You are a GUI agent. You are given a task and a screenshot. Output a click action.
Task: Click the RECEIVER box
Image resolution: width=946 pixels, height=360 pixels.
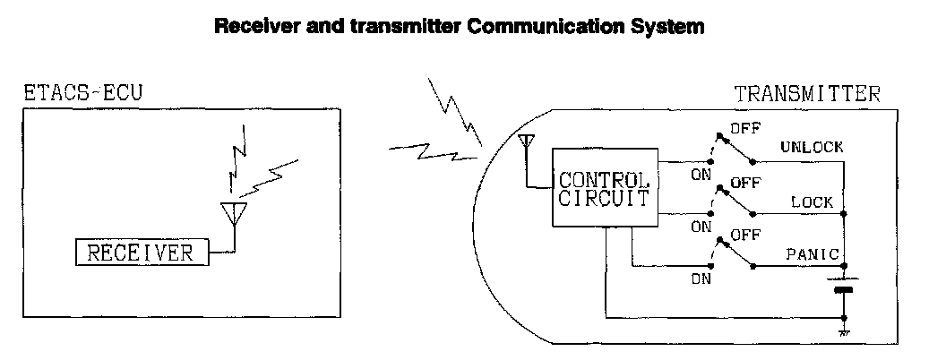pos(140,253)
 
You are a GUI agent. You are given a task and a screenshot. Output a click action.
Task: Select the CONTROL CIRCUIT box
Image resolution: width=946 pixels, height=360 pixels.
pos(604,188)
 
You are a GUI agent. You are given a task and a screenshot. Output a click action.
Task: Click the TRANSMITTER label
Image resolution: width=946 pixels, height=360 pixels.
pos(807,93)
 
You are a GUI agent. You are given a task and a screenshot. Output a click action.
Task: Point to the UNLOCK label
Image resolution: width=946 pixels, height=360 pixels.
pos(811,148)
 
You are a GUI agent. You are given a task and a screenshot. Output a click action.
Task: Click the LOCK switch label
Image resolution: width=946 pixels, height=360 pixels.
pos(812,202)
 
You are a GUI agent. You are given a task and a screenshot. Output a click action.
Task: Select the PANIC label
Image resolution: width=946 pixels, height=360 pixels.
pos(812,254)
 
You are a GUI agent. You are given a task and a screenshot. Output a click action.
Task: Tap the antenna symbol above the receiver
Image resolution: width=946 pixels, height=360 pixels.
pos(233,213)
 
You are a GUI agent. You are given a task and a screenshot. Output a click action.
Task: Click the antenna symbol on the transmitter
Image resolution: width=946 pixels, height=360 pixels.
pos(528,143)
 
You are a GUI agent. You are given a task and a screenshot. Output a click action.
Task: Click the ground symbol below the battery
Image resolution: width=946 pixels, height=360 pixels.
pos(843,333)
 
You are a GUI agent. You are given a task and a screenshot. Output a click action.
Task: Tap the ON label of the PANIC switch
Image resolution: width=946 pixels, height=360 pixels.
pos(700,279)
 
